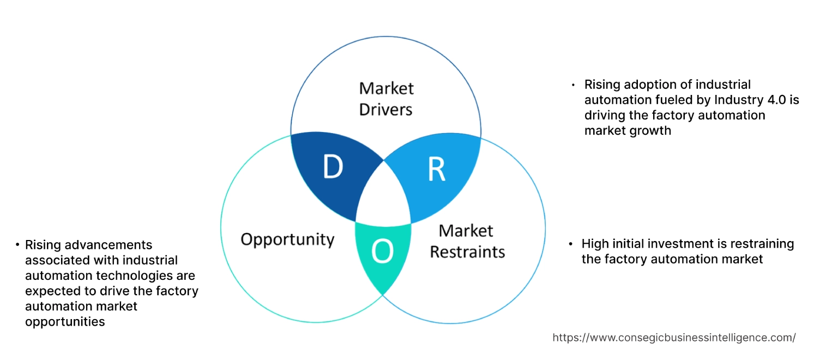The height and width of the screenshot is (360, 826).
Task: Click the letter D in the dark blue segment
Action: click(333, 167)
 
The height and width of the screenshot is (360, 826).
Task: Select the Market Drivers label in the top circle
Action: click(386, 99)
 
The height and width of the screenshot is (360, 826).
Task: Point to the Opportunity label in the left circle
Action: click(287, 239)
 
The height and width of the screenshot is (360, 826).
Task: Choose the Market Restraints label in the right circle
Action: click(467, 241)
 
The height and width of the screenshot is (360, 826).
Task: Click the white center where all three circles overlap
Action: click(384, 196)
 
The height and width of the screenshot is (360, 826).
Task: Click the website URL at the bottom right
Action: click(674, 338)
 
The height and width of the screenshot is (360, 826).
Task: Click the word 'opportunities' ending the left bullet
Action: click(65, 322)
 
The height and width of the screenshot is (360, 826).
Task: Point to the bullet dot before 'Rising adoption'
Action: click(573, 85)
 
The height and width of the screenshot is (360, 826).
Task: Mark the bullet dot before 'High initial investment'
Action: click(570, 244)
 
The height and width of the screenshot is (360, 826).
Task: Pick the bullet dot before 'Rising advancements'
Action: click(17, 245)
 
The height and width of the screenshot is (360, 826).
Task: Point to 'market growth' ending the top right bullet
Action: click(628, 130)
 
